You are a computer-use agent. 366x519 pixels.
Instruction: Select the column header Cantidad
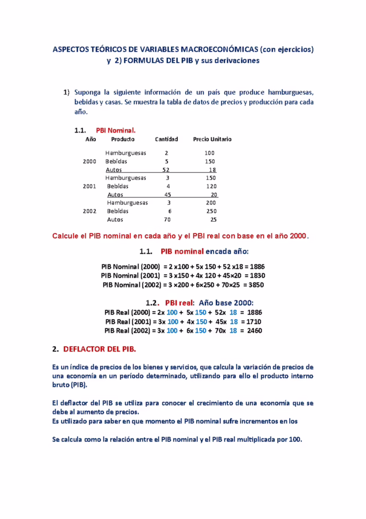click(167, 139)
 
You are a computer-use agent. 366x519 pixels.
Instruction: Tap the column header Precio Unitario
click(212, 139)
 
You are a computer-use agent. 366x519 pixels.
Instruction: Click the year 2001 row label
click(90, 187)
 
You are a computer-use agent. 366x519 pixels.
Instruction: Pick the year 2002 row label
click(90, 211)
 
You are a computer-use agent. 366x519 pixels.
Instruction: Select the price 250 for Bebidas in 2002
click(211, 211)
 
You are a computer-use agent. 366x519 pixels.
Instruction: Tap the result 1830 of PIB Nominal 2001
click(257, 276)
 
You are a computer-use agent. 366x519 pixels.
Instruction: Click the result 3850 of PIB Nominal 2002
click(256, 285)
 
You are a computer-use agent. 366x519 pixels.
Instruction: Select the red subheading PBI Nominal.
click(113, 130)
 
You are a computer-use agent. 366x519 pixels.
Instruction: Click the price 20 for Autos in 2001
click(214, 195)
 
